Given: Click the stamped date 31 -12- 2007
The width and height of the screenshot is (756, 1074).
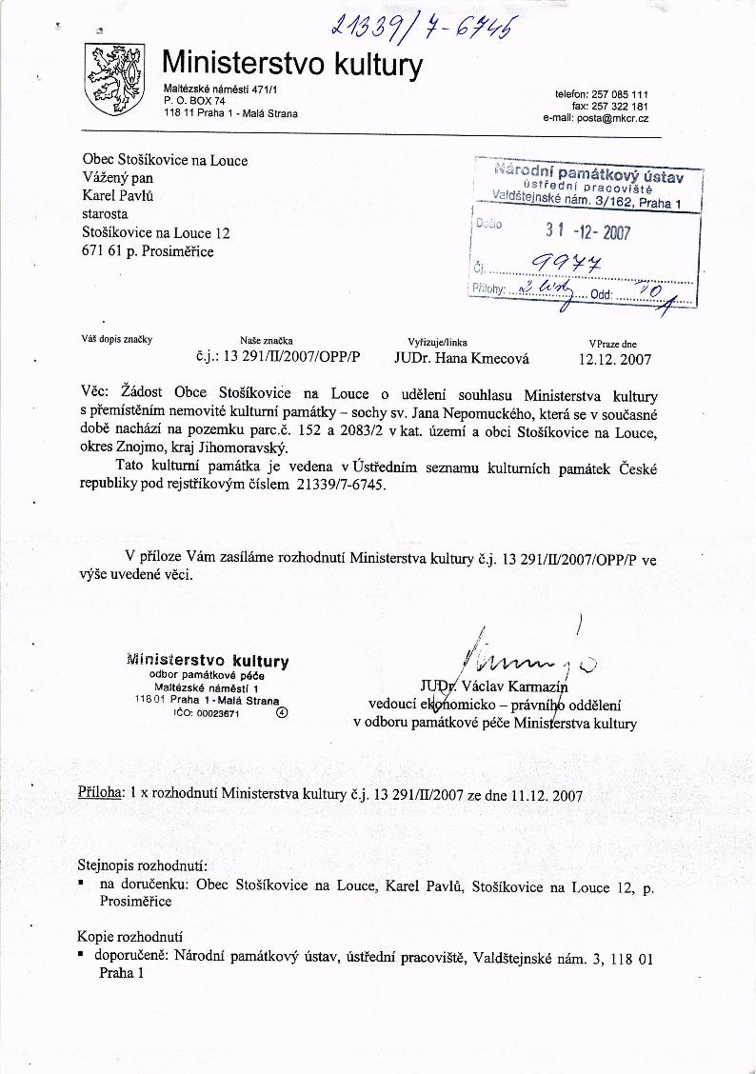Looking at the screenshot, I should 587,231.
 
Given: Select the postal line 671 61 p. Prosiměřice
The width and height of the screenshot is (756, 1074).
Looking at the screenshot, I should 149,251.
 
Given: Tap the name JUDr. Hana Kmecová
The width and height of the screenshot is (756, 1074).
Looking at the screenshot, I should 461,359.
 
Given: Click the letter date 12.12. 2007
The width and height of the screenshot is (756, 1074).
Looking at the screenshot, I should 614,359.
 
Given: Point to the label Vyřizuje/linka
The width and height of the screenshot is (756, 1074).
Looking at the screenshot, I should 437,342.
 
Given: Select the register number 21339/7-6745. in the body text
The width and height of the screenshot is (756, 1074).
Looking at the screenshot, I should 344,486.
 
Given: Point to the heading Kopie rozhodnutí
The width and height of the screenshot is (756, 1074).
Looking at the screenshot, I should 129,936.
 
